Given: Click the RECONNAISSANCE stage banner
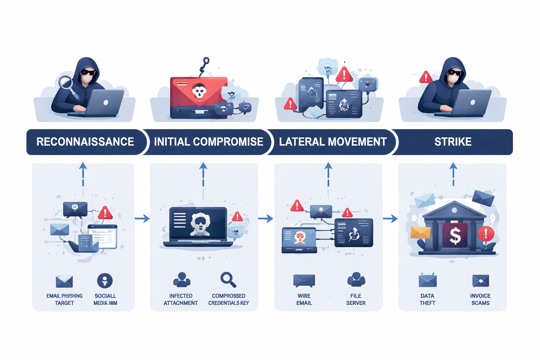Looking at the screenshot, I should tap(85, 142).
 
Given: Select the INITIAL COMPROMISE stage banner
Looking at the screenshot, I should tap(208, 142).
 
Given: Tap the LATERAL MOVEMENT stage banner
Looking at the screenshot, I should tap(333, 142).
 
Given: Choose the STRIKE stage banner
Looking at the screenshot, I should tap(453, 142).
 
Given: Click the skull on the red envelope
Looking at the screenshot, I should tap(199, 92).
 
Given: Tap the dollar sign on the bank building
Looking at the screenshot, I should tap(455, 236).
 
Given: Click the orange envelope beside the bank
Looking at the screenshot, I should tap(420, 232).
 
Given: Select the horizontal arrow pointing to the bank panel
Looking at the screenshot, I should tap(390, 219).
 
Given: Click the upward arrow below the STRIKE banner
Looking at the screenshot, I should tap(454, 174).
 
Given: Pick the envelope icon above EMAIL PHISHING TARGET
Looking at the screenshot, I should tap(64, 282).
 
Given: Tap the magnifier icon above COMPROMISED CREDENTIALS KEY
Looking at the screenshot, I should tap(228, 280).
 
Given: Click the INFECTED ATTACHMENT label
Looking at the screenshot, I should tap(181, 300).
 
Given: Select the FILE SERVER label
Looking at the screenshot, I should tap(356, 300).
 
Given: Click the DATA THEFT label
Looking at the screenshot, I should tap(427, 300).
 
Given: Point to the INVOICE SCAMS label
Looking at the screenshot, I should tap(480, 300).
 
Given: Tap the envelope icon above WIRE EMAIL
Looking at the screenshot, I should tap(304, 281).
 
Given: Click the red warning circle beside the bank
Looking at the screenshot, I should tap(486, 233).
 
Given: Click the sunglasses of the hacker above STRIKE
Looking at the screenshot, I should tap(455, 73).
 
